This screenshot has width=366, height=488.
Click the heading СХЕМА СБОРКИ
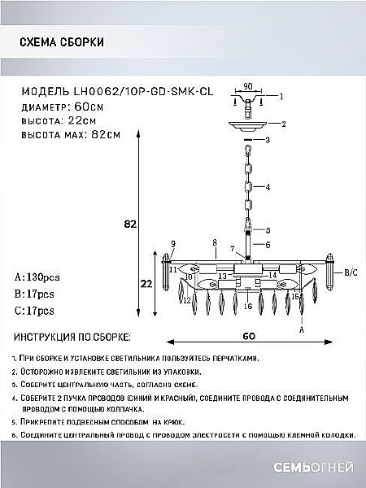coord(60,43)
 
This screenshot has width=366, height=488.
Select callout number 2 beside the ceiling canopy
coord(282,124)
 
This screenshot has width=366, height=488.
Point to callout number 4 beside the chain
coord(266,186)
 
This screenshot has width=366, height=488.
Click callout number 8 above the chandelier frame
coord(213,242)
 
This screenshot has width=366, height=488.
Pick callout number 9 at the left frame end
coord(172,243)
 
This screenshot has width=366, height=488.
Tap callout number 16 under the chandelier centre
coord(246,307)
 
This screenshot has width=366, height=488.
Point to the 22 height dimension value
coord(144,284)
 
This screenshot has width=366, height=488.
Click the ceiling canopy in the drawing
coord(250,124)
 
